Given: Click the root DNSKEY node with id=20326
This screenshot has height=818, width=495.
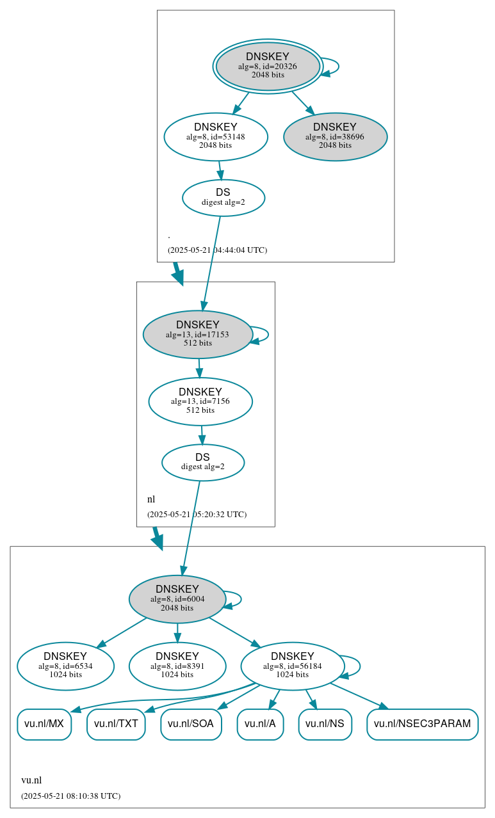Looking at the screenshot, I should click(268, 67).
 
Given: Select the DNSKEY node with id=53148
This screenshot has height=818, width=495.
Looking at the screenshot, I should click(216, 136).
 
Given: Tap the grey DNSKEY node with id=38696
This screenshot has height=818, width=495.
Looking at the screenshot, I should click(335, 137).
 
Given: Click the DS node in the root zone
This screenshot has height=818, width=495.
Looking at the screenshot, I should click(223, 198).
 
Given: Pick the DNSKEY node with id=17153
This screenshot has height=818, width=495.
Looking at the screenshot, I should click(197, 334).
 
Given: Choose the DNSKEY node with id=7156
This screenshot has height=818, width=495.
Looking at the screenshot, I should click(200, 401).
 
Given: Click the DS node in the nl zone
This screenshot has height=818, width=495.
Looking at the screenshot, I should click(203, 462).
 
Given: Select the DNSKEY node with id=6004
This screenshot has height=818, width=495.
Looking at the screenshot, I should click(177, 598).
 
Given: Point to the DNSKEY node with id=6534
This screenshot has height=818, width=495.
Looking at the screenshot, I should click(65, 666).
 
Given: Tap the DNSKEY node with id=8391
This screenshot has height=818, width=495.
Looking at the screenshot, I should click(177, 666).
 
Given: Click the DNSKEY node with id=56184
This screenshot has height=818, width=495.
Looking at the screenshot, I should click(293, 666).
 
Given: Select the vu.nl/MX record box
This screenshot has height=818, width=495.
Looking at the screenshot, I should click(44, 724).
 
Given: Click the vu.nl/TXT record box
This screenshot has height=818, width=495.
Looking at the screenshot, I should click(116, 724).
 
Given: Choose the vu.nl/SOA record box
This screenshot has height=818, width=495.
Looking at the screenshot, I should click(191, 724).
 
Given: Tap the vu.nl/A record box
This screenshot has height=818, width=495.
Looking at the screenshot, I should click(260, 724).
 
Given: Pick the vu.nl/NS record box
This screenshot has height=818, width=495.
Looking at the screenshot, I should click(325, 724).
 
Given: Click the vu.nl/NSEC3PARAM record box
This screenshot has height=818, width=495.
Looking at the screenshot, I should click(422, 724).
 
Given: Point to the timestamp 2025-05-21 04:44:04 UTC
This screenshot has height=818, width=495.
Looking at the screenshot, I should click(217, 250).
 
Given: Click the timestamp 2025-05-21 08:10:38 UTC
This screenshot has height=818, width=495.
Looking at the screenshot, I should click(70, 796).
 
